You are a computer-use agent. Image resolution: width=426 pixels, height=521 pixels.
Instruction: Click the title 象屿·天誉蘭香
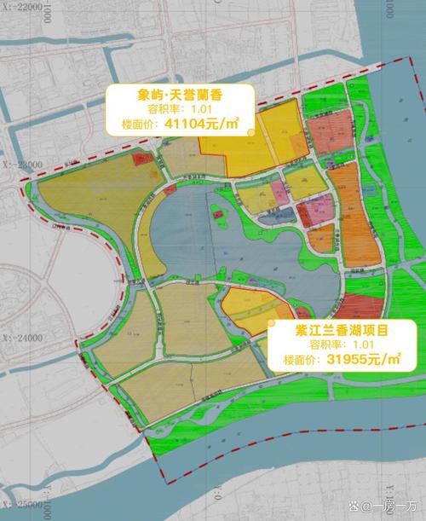[179, 95]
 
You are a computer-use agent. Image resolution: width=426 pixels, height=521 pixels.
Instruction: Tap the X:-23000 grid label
[22, 163]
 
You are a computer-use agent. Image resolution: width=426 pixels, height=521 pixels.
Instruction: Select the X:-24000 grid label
[22, 339]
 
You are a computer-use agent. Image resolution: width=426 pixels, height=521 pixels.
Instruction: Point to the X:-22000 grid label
[22, 7]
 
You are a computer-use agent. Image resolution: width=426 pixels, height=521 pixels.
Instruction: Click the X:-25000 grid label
[22, 505]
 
